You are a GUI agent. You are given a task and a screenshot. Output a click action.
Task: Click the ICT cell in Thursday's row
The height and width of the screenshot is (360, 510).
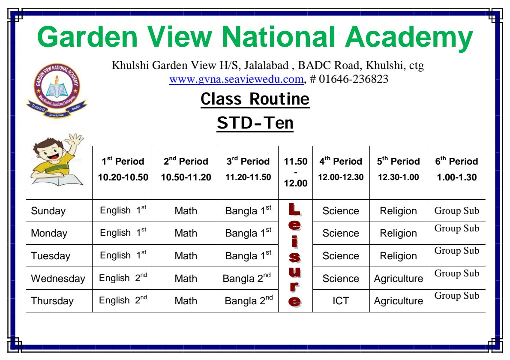click(x=341, y=301)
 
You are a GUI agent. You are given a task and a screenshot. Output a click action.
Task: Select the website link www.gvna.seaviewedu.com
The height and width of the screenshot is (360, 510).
click(x=237, y=79)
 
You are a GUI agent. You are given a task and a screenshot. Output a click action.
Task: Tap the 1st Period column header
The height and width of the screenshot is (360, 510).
click(x=123, y=169)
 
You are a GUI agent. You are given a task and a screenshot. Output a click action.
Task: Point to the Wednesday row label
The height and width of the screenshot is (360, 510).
click(x=58, y=279)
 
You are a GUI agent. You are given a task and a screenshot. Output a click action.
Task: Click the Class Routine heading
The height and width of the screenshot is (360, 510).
click(x=255, y=99)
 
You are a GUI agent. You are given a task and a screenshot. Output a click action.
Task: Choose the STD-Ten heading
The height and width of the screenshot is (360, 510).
click(x=255, y=123)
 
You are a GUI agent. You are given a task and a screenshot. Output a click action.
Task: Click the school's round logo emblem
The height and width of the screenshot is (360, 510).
click(x=57, y=90)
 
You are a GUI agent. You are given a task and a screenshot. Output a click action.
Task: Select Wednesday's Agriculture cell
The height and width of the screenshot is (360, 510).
click(x=399, y=279)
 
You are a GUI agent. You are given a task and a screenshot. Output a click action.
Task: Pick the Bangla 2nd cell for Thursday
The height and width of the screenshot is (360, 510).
click(x=249, y=300)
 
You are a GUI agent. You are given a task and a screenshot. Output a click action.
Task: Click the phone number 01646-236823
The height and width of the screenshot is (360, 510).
click(x=353, y=79)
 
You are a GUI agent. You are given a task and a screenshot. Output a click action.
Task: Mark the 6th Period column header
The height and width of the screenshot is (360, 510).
click(x=457, y=169)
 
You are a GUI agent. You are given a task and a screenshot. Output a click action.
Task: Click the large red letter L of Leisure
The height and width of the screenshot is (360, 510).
click(x=295, y=209)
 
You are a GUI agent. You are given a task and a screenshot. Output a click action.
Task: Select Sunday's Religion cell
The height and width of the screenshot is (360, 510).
click(x=399, y=211)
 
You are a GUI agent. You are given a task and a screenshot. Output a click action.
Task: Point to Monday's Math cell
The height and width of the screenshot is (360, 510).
click(x=186, y=233)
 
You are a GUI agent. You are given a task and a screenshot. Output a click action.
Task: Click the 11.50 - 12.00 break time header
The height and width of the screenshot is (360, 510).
click(x=295, y=172)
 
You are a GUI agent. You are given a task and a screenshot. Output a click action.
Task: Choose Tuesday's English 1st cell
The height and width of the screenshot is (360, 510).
click(x=123, y=255)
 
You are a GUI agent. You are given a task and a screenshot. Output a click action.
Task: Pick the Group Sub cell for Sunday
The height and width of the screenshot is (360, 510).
click(x=457, y=211)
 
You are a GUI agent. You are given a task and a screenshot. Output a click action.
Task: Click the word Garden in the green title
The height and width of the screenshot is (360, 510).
click(x=87, y=37)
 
